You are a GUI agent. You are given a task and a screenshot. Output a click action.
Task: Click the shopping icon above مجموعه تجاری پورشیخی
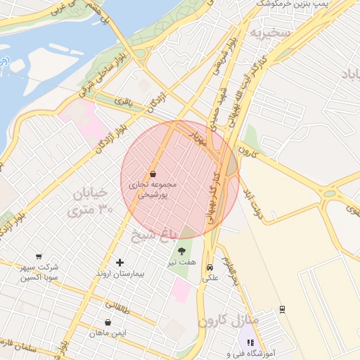point(153,174)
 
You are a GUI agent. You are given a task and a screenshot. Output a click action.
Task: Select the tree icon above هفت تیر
point(182,250)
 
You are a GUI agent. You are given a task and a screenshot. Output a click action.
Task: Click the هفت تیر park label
point(181,262)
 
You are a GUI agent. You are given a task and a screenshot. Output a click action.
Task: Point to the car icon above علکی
point(210,267)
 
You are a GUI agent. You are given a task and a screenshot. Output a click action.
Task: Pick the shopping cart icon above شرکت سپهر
point(38,257)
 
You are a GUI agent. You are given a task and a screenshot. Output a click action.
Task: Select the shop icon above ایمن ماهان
point(108,323)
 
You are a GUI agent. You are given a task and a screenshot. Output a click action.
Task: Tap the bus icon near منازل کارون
point(282,309)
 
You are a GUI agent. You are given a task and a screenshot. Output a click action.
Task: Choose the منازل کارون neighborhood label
point(229,321)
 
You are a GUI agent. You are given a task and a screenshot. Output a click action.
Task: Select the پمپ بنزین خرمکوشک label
point(292,4)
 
